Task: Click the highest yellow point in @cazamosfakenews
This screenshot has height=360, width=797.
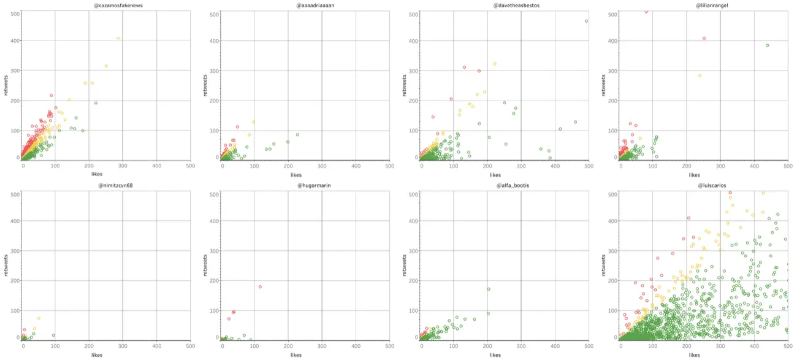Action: (x=118, y=38)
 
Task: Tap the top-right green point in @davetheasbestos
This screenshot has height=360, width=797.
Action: (x=586, y=21)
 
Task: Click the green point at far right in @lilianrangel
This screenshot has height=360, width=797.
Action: (x=767, y=45)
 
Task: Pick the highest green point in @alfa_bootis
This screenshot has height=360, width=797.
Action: (x=489, y=289)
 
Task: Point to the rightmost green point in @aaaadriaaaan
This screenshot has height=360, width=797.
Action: (x=297, y=135)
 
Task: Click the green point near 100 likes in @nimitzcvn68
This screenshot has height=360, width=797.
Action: (x=54, y=335)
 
